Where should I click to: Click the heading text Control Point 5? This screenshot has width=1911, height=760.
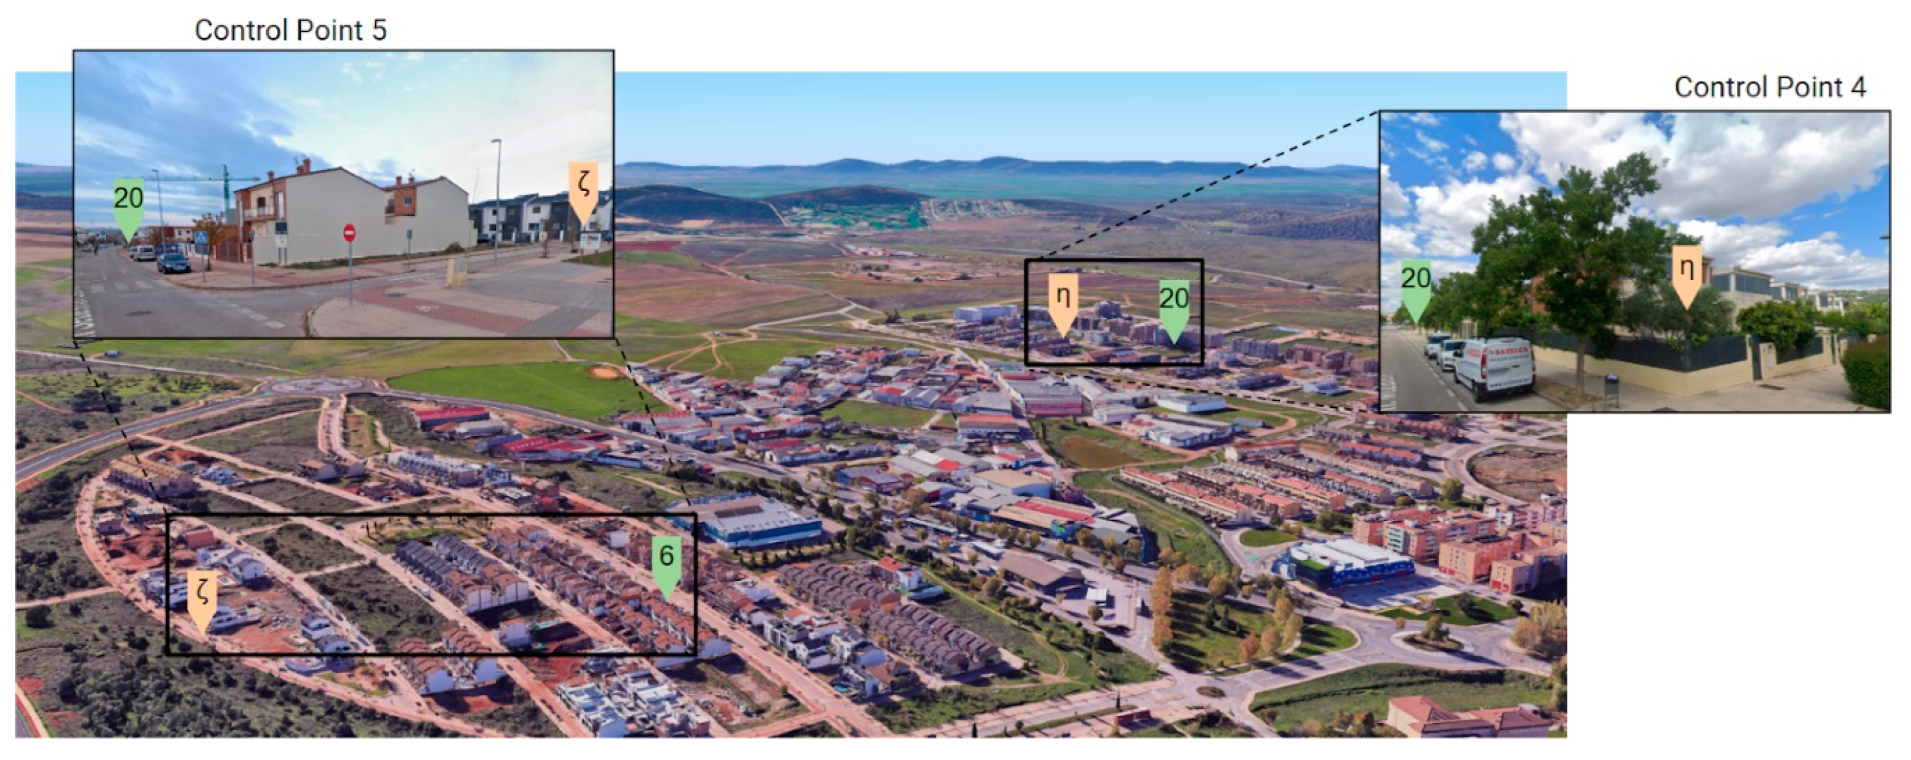point(290,30)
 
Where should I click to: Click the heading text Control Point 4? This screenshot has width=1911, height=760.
point(1769,88)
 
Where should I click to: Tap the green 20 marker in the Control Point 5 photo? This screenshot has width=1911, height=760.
point(129,207)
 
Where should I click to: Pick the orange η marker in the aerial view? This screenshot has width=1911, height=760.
point(1063,305)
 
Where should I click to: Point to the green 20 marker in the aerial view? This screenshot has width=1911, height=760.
point(1174,308)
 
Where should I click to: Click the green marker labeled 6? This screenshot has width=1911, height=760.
point(666,565)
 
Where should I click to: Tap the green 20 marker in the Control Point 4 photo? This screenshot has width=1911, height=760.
point(1415,289)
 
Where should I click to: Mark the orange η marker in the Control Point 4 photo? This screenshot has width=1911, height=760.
point(1687,275)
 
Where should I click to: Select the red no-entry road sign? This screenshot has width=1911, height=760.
point(349,234)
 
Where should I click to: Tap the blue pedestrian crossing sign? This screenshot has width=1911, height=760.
point(201,237)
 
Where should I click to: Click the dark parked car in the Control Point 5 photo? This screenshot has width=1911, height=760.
point(173,263)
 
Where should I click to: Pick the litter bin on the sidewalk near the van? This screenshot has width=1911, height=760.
point(1611,389)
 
